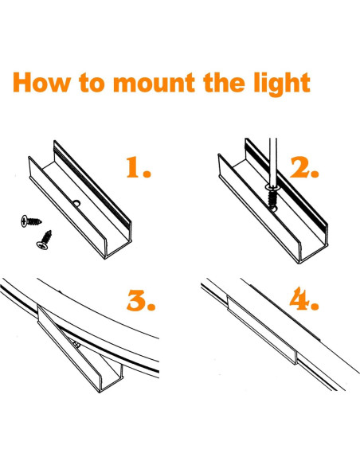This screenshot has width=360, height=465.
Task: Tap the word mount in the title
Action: coord(155,83)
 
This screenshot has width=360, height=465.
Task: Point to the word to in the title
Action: coord(92,83)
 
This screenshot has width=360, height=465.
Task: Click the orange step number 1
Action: coord(139,167)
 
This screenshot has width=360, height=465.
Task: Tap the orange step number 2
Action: coord(304,167)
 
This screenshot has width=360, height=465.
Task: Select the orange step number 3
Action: coord(141,300)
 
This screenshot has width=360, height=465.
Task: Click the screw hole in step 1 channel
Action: coord(76,204)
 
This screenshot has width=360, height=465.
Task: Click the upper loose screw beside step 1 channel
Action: coord(31,221)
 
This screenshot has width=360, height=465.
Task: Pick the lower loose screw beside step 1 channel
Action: coord(45,240)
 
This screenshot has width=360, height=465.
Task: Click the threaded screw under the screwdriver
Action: coord(272,197)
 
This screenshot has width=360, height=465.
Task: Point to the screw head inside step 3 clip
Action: coord(76,345)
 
